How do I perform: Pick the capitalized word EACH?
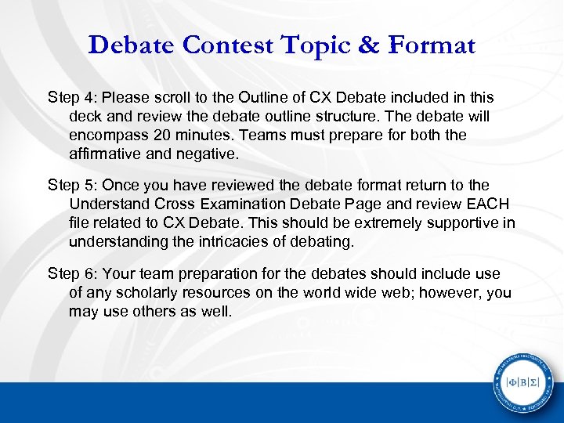(x=490, y=204)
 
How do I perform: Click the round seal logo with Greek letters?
(x=522, y=382)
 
